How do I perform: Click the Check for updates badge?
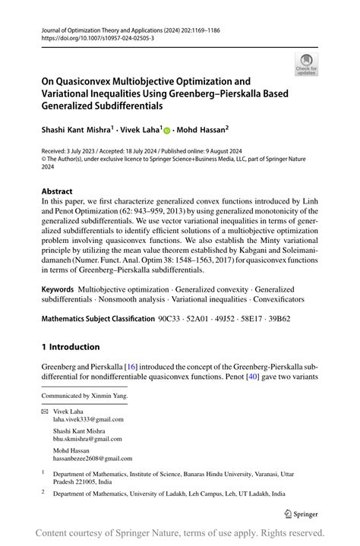point(306,65)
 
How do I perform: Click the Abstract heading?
point(58,192)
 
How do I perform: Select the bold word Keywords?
point(58,289)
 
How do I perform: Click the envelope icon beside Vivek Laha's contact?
point(45,410)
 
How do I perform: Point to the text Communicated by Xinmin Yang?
point(85,396)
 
